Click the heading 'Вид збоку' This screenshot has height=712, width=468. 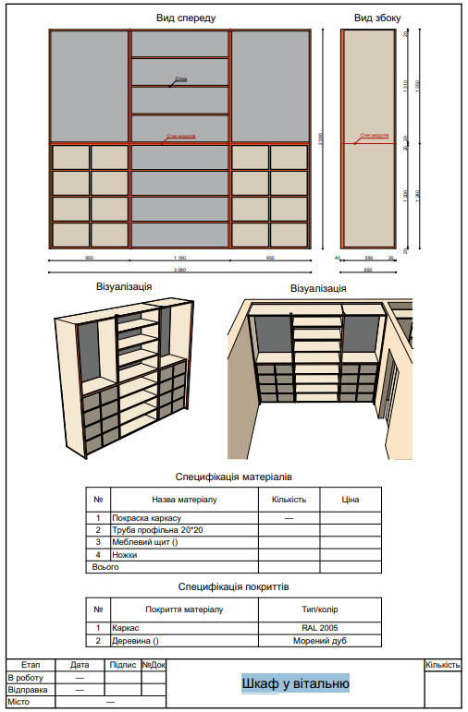377,18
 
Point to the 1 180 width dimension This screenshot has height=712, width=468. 179,258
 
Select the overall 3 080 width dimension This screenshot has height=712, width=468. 179,270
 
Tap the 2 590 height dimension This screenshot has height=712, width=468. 319,139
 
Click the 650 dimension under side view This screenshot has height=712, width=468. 367,270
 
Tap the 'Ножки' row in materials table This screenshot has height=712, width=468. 124,555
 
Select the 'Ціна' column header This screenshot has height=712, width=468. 350,500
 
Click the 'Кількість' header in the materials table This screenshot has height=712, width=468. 289,500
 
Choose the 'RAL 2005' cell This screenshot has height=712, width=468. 319,628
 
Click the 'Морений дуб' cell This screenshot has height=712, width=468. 319,640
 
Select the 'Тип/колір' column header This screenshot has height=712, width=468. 319,609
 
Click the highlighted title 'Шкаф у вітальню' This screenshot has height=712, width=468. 295,683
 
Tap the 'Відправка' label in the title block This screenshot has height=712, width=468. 27,689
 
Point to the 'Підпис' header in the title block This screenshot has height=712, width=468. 122,665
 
